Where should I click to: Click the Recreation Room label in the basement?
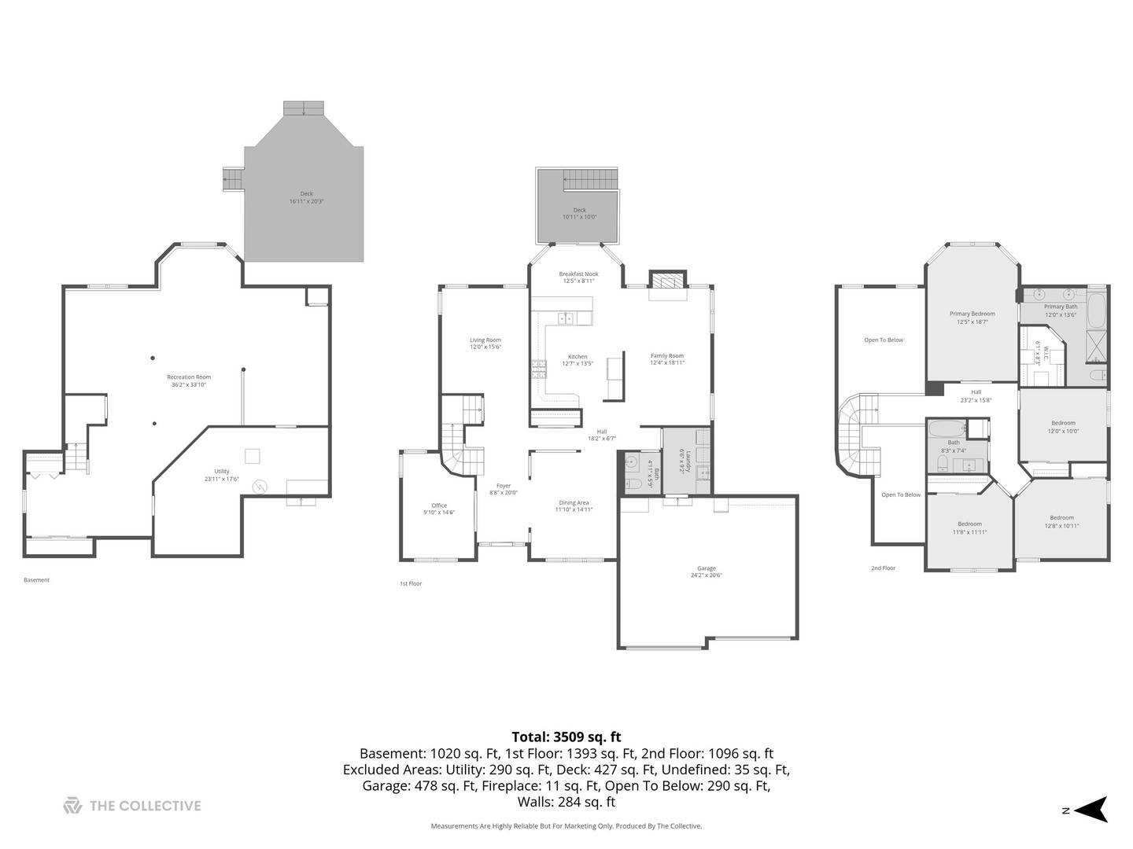pos(189,377)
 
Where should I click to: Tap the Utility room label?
pos(222,472)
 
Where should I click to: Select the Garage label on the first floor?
pos(706,568)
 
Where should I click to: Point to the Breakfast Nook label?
pos(578,274)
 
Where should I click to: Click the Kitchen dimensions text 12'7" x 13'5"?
pos(578,364)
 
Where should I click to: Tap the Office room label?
pos(439,505)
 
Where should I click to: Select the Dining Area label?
pos(574,502)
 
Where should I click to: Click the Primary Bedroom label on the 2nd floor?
pos(972,314)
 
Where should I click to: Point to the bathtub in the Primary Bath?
pos(1096,310)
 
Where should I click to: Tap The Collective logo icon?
pos(72,806)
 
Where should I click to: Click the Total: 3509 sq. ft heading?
pos(566,737)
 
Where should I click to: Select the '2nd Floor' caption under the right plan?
pos(883,568)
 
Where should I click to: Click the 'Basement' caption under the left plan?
pos(36,580)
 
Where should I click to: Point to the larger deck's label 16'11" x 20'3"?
pos(306,201)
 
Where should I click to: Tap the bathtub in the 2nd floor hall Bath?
pos(945,429)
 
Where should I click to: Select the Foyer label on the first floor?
pos(503,486)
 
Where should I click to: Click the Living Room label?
pos(485,340)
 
